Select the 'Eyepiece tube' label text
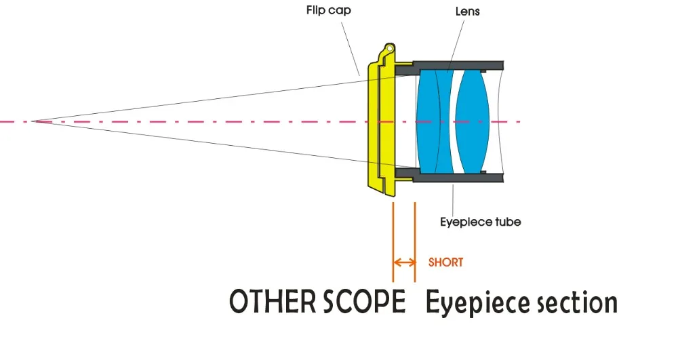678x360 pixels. tap(480, 222)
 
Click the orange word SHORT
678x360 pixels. tap(445, 262)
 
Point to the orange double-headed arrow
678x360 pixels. tap(404, 262)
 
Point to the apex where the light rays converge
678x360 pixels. tap(33, 121)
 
